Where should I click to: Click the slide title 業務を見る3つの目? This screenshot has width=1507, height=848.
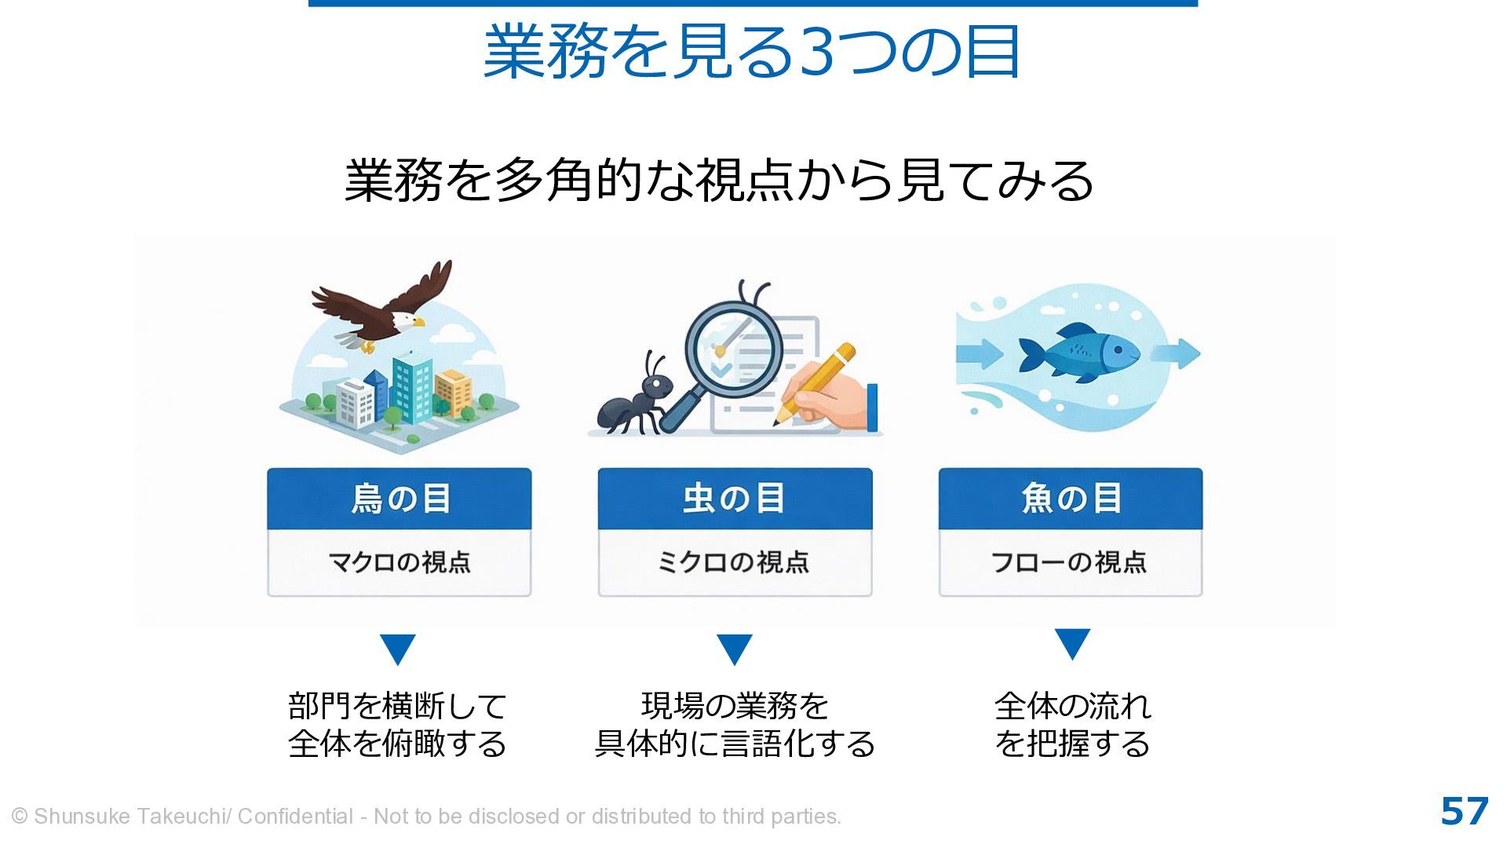[752, 52]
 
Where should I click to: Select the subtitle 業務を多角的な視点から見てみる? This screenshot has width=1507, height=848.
[719, 180]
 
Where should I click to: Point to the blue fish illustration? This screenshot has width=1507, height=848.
[1078, 353]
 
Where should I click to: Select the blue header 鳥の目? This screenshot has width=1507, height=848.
[400, 499]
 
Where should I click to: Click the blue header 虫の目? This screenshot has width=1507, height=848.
[735, 499]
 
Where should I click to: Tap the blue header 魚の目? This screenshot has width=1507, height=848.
[1071, 499]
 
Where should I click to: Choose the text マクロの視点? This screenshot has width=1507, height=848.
[400, 562]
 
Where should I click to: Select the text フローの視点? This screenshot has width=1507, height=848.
[1070, 562]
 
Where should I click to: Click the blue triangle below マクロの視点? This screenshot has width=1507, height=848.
[398, 649]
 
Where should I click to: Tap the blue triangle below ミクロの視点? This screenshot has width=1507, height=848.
[735, 649]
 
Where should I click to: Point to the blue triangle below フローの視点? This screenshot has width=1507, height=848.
[1072, 643]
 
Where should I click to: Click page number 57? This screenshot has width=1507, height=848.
[1465, 812]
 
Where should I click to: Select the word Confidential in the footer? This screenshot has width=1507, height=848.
[295, 817]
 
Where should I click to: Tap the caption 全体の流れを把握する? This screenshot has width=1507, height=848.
[1072, 725]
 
